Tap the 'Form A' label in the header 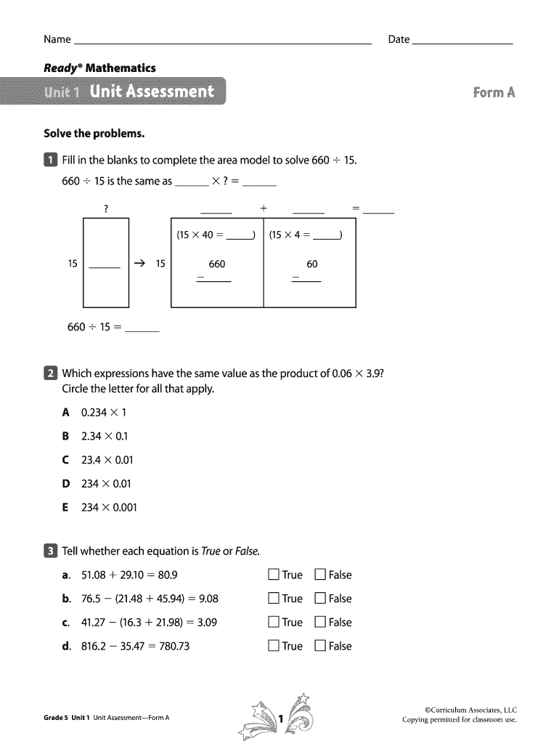[494, 92]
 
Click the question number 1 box [50, 160]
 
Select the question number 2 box [50, 373]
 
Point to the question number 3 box [50, 551]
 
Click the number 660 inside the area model [217, 264]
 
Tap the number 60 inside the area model [312, 264]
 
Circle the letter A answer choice [65, 413]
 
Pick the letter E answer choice [65, 507]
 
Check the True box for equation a [274, 575]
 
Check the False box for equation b [320, 599]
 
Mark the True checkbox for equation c [274, 622]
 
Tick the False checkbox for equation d [320, 646]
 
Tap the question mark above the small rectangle [106, 209]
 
